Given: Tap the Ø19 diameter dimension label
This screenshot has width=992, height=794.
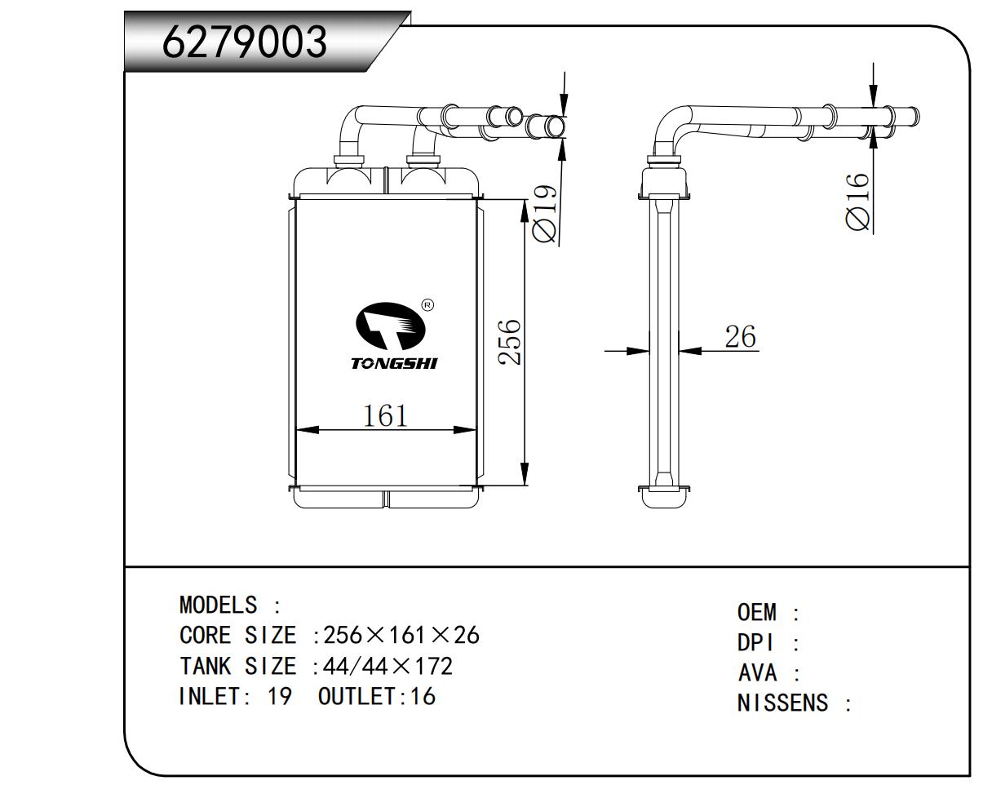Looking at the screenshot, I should (x=544, y=214).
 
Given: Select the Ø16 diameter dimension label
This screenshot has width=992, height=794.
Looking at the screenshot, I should (x=857, y=202).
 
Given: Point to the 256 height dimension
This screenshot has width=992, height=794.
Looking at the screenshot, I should (x=509, y=342).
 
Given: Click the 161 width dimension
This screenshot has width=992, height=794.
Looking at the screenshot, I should (x=385, y=416).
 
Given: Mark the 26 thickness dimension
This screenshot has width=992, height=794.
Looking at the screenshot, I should (x=740, y=336).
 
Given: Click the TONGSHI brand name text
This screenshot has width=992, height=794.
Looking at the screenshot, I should (x=393, y=363).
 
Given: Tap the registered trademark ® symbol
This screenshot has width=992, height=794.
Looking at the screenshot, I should (x=427, y=306).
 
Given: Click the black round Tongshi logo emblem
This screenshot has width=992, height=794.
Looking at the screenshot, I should (x=390, y=329).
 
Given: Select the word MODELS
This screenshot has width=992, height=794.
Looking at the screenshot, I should (x=218, y=605).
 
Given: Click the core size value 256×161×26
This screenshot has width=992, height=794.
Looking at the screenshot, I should (x=401, y=635).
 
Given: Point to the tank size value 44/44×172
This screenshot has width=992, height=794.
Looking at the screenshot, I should (x=387, y=667).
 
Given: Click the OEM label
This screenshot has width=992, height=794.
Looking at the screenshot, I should (x=757, y=612).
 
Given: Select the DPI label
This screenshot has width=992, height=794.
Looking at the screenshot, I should (x=754, y=643).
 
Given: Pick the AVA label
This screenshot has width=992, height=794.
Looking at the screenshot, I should (x=757, y=673).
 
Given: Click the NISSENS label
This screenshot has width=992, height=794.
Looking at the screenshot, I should (x=782, y=703).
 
